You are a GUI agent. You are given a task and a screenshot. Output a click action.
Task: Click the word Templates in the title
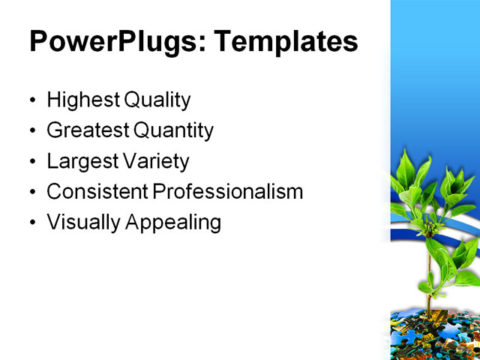286,41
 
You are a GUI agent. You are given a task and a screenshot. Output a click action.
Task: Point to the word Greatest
87,130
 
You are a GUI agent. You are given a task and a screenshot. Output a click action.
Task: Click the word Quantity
173,130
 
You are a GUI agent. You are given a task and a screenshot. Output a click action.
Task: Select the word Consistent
97,192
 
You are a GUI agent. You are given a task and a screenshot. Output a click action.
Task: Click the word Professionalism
228,192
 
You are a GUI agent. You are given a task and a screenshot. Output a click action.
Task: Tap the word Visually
80,223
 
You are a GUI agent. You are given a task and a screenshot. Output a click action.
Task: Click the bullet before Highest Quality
32,100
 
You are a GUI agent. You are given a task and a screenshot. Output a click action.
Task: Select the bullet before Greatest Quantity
32,131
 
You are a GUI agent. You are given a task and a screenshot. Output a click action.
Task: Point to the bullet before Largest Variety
32,162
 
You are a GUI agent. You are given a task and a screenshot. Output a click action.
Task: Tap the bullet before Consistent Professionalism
32,193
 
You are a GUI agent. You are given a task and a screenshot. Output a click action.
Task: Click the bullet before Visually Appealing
32,223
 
